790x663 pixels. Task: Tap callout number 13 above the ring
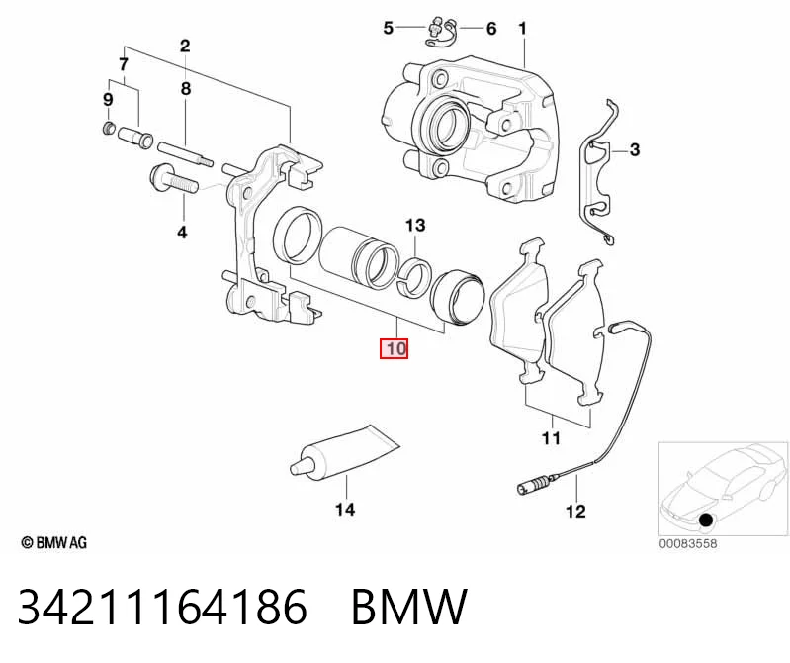pyautogui.click(x=415, y=225)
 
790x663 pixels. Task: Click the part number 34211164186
pyautogui.click(x=162, y=607)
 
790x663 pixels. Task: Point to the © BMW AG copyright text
pyautogui.click(x=54, y=542)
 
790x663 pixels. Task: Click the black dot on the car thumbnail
pyautogui.click(x=707, y=520)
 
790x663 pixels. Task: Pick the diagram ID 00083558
pyautogui.click(x=688, y=544)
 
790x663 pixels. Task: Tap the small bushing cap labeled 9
pyautogui.click(x=108, y=128)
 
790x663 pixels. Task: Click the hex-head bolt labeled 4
pyautogui.click(x=174, y=179)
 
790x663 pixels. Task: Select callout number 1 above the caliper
pyautogui.click(x=522, y=29)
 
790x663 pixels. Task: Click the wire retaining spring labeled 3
pyautogui.click(x=598, y=171)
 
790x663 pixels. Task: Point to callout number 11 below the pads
pyautogui.click(x=551, y=438)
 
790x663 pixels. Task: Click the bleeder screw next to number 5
pyautogui.click(x=435, y=27)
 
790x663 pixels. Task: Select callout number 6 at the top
pyautogui.click(x=491, y=29)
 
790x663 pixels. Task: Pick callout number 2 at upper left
pyautogui.click(x=185, y=47)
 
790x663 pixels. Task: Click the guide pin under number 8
pyautogui.click(x=185, y=154)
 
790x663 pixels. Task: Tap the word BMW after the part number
pyautogui.click(x=409, y=607)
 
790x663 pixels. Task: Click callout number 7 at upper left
pyautogui.click(x=124, y=64)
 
